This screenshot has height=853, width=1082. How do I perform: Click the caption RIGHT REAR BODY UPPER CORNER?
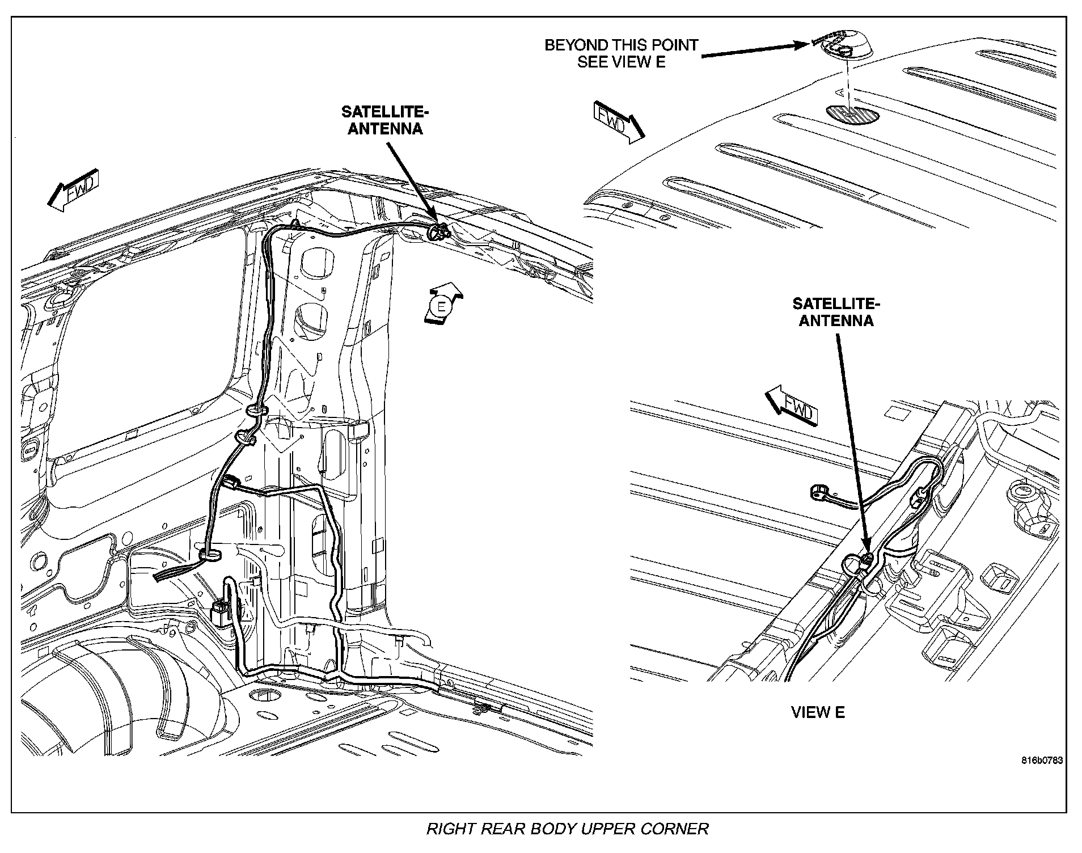click(x=567, y=829)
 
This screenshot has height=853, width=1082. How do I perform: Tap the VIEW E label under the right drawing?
click(x=818, y=713)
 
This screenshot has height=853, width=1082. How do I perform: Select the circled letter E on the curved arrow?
click(x=440, y=307)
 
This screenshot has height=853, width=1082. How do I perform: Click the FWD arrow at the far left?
click(x=73, y=190)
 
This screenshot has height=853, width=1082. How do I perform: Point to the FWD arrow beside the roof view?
click(x=618, y=120)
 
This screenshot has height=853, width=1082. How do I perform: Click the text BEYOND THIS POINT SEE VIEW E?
click(x=621, y=53)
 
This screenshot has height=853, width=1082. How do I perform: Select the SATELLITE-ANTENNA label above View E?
click(x=836, y=313)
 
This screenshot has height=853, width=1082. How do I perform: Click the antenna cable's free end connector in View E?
click(x=817, y=491)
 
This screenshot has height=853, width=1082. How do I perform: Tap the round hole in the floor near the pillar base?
click(x=260, y=695)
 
